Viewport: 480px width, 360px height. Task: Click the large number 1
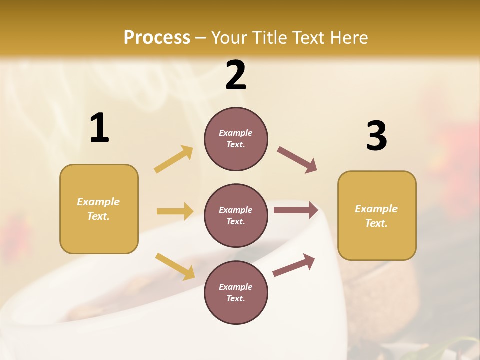[x=99, y=128]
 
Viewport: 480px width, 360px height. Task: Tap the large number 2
[x=236, y=76]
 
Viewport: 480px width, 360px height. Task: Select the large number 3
[x=377, y=136]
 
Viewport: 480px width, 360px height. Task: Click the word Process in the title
[x=157, y=37]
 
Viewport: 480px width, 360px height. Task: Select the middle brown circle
[x=236, y=215]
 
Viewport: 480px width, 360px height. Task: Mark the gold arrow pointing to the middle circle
[x=175, y=211]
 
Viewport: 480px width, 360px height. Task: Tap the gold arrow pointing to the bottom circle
[x=175, y=266]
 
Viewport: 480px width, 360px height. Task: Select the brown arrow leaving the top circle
[x=297, y=160]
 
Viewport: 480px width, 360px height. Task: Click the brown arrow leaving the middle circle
[x=296, y=210]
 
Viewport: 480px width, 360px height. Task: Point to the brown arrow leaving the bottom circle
[x=294, y=265]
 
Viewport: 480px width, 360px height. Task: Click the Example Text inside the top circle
[x=236, y=139]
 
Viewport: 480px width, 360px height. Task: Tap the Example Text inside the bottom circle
[x=236, y=293]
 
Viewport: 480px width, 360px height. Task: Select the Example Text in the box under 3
[x=376, y=216]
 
